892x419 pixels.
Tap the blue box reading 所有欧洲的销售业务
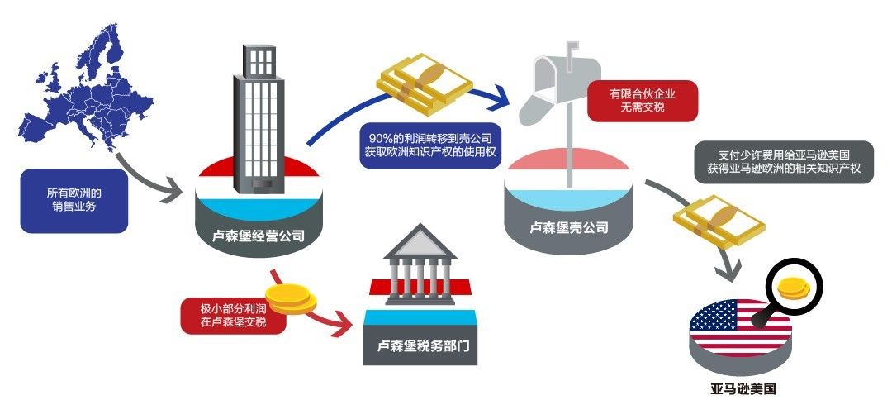(x=74, y=201)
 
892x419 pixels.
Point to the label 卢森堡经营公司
(x=258, y=236)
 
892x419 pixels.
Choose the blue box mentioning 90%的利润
(x=430, y=145)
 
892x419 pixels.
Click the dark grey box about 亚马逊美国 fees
(x=784, y=161)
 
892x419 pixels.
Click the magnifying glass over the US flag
(x=794, y=290)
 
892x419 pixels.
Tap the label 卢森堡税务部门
(x=420, y=346)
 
